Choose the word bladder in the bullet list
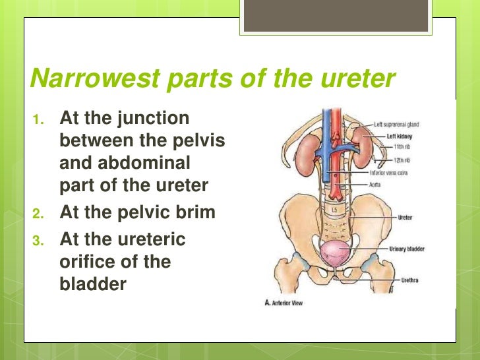92,285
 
